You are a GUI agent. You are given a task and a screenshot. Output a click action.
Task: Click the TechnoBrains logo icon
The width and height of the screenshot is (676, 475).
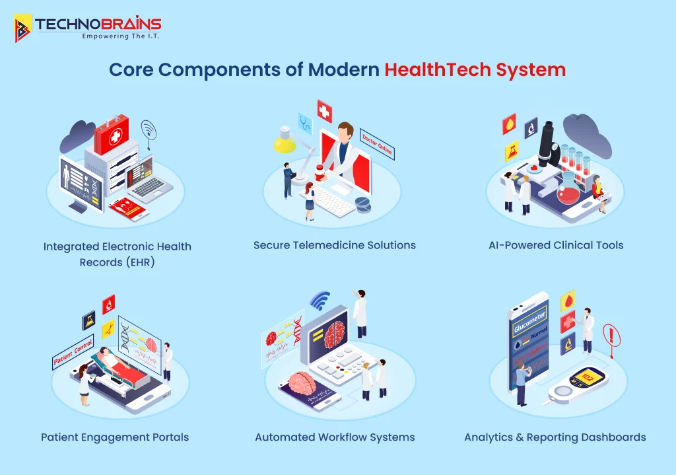(23, 28)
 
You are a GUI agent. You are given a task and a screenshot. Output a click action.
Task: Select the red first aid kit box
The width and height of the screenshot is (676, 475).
(116, 137)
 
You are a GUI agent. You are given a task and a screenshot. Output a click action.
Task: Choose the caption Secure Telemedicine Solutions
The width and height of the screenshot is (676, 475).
(335, 245)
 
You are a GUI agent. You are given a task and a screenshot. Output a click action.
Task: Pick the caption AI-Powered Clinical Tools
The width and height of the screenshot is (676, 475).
(556, 245)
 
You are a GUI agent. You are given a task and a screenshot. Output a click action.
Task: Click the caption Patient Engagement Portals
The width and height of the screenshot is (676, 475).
(115, 437)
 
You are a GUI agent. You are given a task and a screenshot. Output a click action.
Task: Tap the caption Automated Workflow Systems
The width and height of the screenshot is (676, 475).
(335, 437)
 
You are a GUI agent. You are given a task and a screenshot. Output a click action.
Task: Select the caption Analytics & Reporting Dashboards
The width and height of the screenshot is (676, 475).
(555, 437)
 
